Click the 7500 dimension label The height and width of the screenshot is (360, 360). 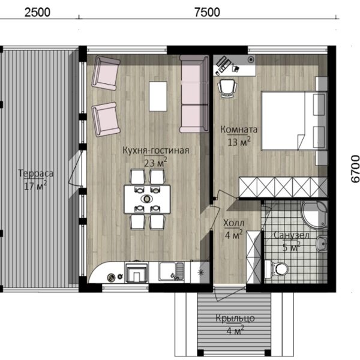point(207,13)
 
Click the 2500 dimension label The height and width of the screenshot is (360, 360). point(37,13)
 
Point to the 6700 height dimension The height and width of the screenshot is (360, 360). point(355,169)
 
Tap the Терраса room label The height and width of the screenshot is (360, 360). point(36,173)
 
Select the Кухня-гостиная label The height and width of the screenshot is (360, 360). point(156,151)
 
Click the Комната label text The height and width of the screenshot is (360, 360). point(239,129)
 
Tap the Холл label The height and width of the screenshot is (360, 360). point(234,223)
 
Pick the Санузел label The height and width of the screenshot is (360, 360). point(292,235)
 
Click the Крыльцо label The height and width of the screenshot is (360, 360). point(235,318)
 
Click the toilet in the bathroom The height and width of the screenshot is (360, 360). point(277,268)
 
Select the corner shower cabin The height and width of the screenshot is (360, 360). point(314,214)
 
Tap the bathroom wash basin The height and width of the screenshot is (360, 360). point(322,242)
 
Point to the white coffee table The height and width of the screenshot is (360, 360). point(158,96)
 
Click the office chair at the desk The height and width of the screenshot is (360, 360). point(227,89)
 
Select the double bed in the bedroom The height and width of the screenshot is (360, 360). point(295,121)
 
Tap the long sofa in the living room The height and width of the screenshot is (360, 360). point(194,94)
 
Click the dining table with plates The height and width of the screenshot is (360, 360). point(148,199)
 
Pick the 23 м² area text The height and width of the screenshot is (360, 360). point(155,163)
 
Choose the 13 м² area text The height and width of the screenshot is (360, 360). point(239,142)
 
